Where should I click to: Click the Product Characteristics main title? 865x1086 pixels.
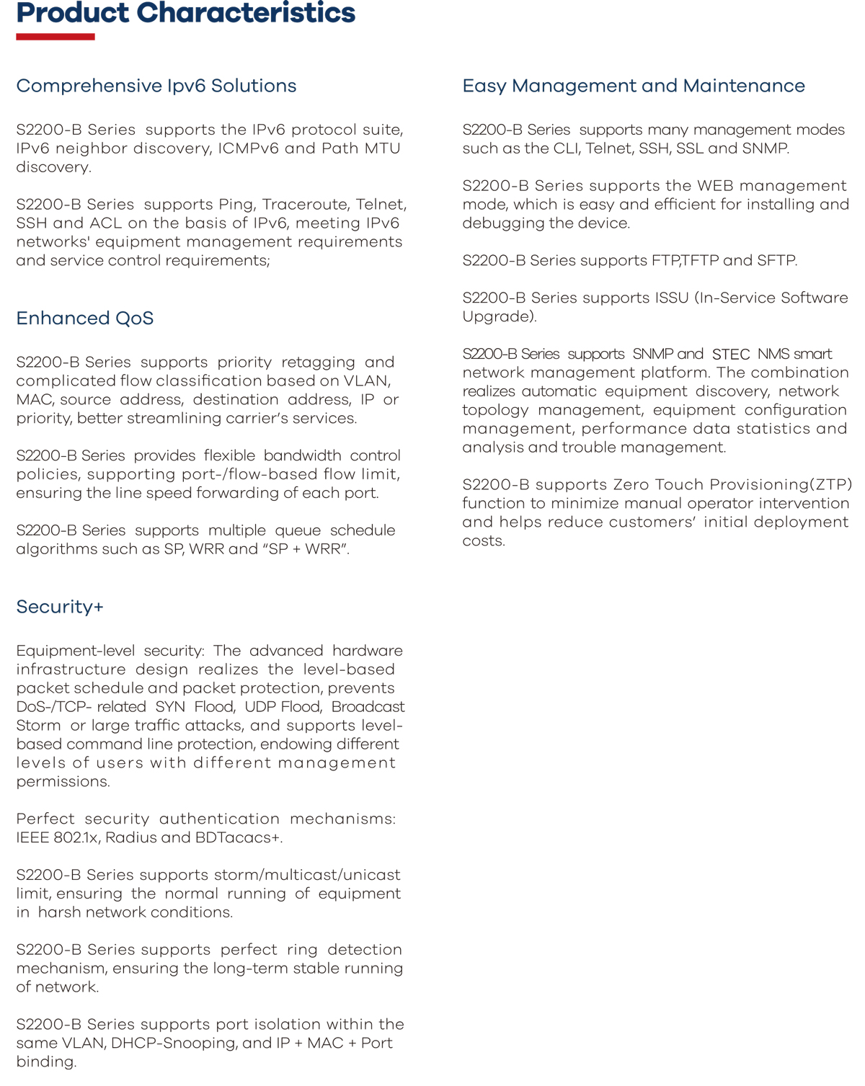(185, 13)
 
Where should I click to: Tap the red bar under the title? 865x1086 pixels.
(56, 37)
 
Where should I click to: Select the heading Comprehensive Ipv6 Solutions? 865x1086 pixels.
(156, 86)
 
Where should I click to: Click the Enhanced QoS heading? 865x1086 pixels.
(84, 319)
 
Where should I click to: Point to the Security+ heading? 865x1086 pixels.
(60, 607)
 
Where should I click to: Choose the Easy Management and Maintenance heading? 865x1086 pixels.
(633, 86)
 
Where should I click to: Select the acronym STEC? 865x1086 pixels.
(730, 355)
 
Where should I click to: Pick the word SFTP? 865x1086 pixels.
(776, 261)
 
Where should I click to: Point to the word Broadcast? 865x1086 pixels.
(368, 707)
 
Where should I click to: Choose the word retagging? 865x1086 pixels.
(318, 362)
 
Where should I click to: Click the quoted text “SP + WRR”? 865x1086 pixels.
(307, 549)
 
